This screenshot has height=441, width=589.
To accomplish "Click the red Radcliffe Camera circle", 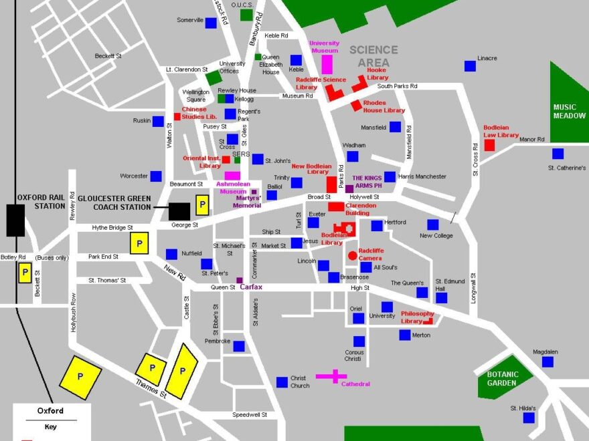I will [352, 255].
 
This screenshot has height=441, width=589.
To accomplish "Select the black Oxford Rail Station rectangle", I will [15, 220].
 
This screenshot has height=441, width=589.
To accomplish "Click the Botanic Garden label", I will [503, 379].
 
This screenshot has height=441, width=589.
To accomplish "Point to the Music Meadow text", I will [569, 112].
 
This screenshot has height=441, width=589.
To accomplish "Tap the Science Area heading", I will [373, 56].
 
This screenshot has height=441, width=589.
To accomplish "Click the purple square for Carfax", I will [240, 280].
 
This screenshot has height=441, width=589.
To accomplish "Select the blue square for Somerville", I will [211, 23].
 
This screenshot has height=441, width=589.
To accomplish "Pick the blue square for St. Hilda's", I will [529, 418].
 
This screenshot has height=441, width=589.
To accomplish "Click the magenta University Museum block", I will [327, 65].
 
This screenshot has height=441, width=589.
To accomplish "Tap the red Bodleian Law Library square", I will [490, 145].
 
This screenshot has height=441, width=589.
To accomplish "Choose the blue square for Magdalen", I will [548, 361].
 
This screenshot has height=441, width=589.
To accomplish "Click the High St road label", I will [360, 288].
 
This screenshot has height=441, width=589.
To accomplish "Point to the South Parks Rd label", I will [397, 86].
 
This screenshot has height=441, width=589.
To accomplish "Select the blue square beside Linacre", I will [470, 65].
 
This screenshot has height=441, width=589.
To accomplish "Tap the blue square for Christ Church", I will [282, 382].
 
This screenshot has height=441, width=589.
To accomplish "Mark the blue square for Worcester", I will [156, 176].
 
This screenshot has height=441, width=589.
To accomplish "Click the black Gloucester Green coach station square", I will [179, 211].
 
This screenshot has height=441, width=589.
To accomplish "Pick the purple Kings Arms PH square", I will [349, 189].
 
